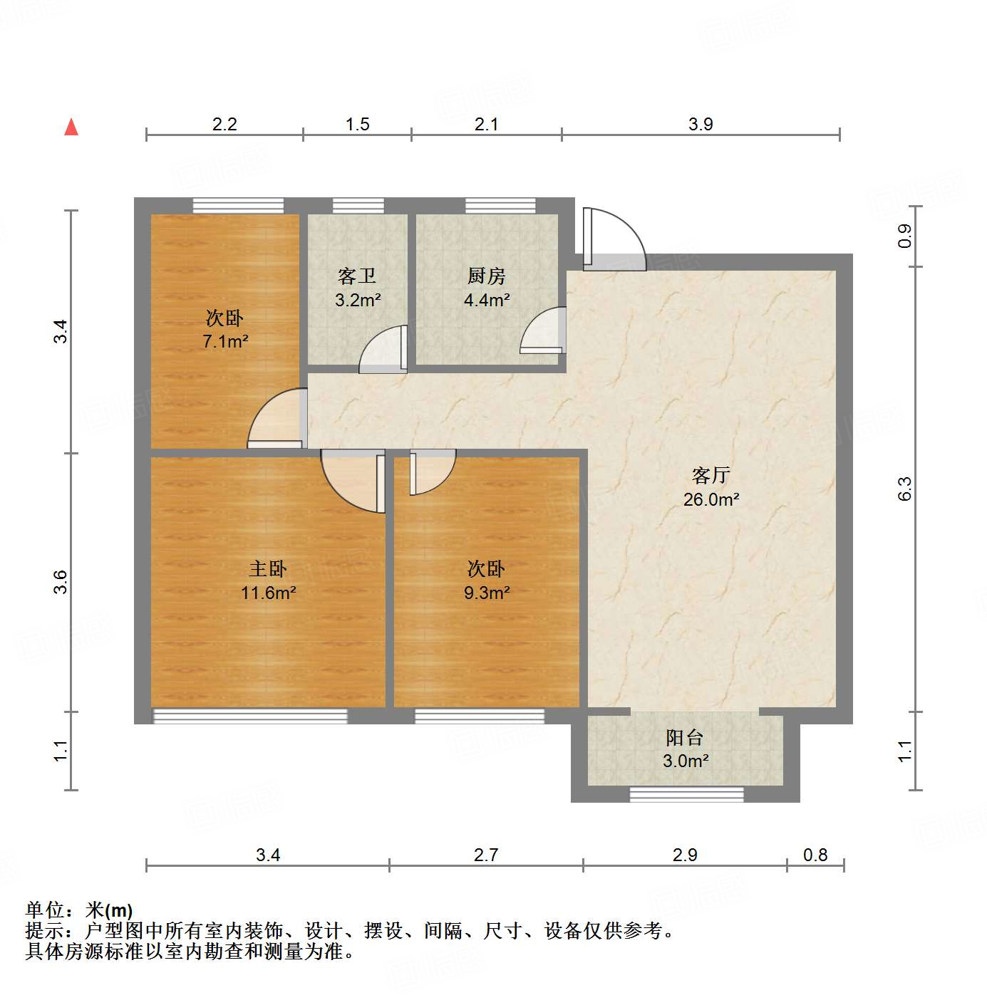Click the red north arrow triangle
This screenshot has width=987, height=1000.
click(x=71, y=127)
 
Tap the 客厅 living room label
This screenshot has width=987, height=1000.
click(x=710, y=475)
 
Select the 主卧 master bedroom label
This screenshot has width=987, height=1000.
click(x=268, y=568)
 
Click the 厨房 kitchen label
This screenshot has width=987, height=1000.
click(x=486, y=276)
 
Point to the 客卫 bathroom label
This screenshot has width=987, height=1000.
click(x=357, y=276)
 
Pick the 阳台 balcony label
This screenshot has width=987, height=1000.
click(x=685, y=737)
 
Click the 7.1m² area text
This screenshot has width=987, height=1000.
click(x=225, y=341)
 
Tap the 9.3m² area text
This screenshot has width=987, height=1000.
click(x=487, y=593)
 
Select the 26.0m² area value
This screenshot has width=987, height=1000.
click(x=711, y=499)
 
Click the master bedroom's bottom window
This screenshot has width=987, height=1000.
click(x=250, y=716)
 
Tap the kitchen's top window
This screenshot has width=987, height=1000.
click(x=500, y=205)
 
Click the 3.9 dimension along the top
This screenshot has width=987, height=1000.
click(x=701, y=124)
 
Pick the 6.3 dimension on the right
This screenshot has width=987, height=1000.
click(x=904, y=489)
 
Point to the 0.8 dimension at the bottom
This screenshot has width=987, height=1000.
click(x=815, y=855)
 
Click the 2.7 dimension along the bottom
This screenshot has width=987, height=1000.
click(x=486, y=855)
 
